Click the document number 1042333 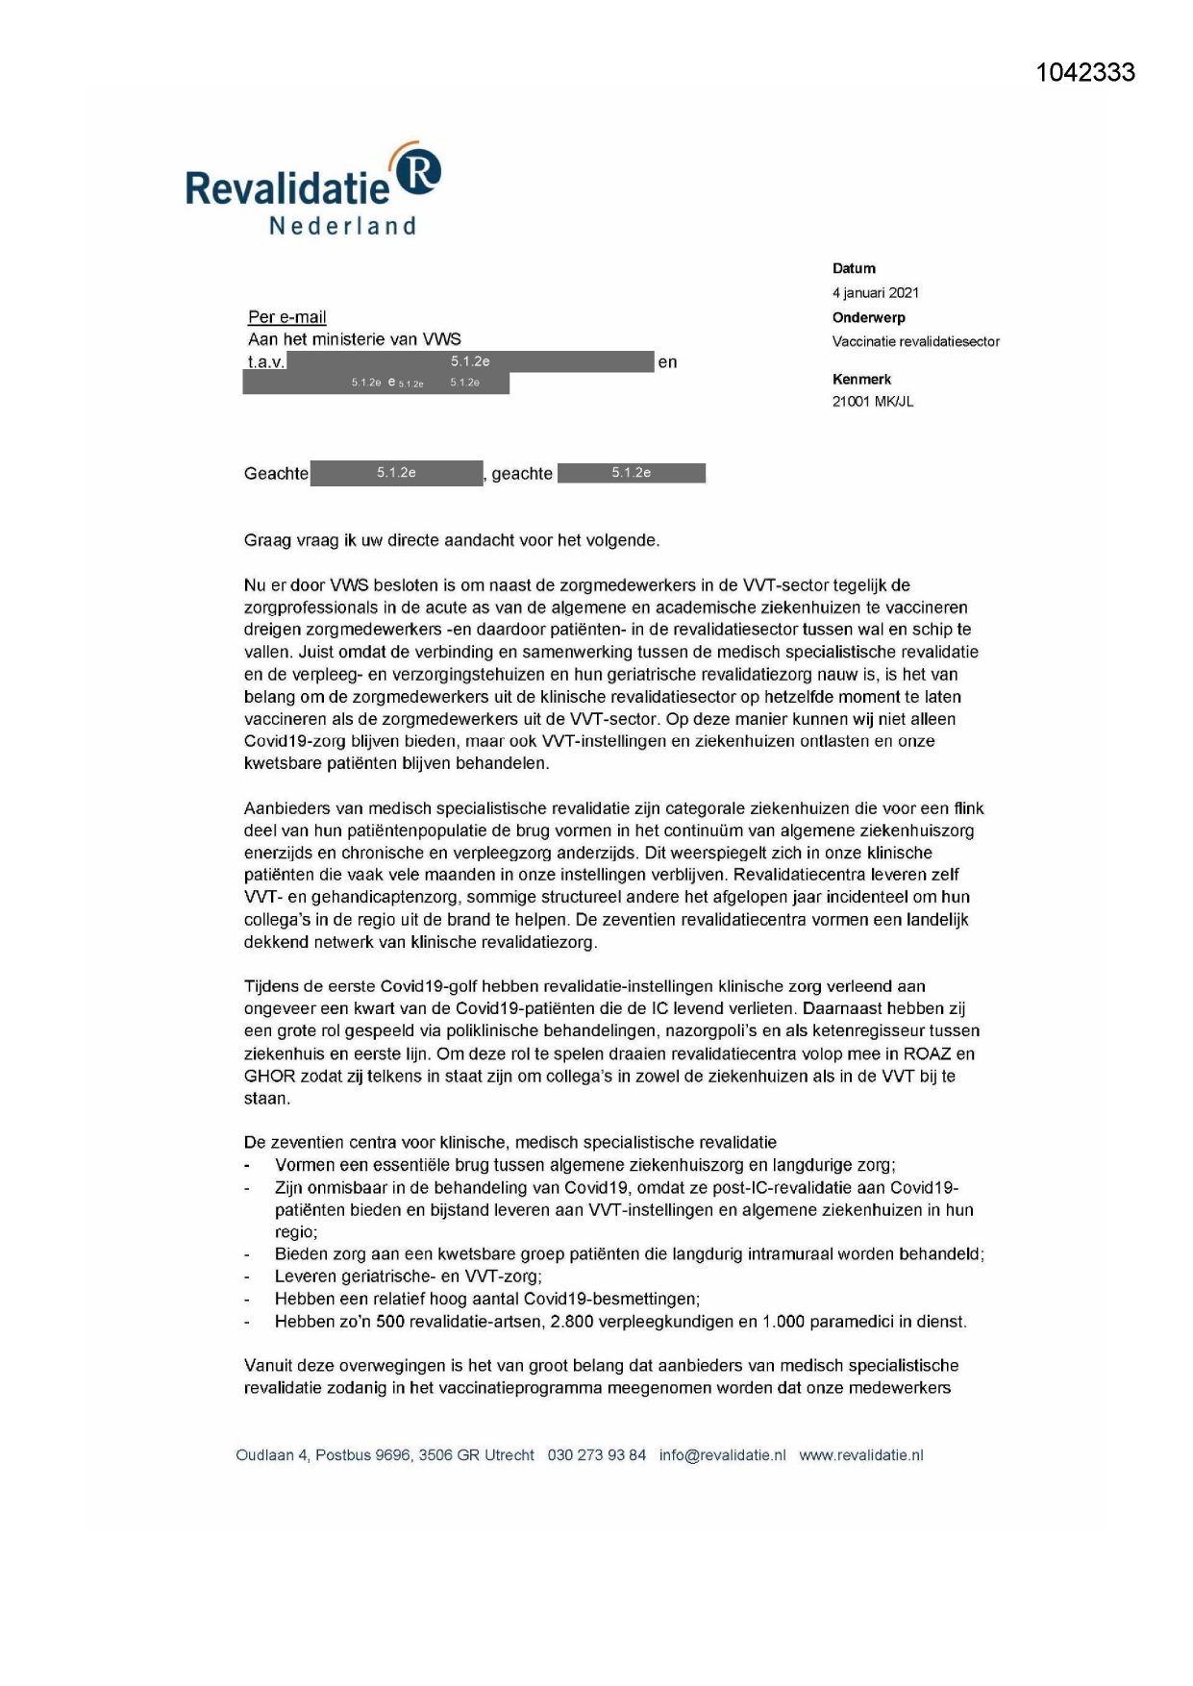tap(1085, 73)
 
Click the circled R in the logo tap(419, 169)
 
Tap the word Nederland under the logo tap(342, 226)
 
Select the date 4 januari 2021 tap(875, 292)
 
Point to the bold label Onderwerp tap(868, 317)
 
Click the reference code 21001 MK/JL tap(872, 402)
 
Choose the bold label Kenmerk tap(861, 379)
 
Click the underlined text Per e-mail tap(286, 317)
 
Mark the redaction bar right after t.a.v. tap(470, 361)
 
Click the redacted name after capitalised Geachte tap(396, 473)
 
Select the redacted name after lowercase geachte tap(631, 473)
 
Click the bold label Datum tap(854, 268)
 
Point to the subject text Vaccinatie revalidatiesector tap(915, 341)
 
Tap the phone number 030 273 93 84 tap(596, 1455)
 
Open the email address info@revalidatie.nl tap(722, 1455)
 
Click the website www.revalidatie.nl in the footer tap(860, 1455)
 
